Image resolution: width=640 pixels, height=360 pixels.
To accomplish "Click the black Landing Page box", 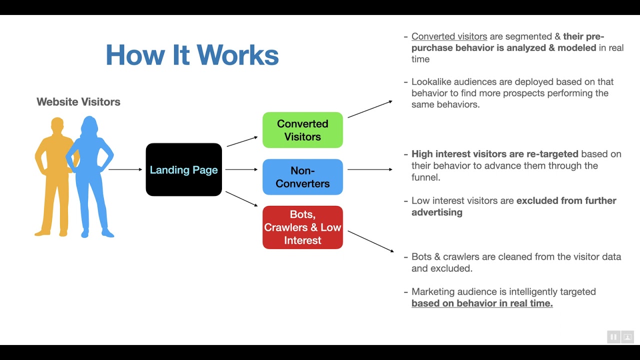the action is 183,169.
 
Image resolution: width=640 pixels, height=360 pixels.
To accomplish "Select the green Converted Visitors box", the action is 302,130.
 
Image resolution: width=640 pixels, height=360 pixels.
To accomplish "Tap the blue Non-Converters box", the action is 302,177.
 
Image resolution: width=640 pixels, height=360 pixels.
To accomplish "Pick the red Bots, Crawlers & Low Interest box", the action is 302,227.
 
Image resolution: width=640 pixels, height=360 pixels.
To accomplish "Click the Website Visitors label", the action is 78,101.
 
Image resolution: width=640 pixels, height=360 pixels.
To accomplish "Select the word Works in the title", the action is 237,55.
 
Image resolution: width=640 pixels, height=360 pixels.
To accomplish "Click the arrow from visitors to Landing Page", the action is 125,169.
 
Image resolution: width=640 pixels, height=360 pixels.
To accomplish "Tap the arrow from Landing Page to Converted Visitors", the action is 242,141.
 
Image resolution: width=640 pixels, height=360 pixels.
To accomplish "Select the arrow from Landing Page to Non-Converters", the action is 241,169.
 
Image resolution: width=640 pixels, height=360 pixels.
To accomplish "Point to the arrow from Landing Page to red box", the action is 241,199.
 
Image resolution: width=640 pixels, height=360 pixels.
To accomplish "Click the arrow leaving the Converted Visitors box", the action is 370,109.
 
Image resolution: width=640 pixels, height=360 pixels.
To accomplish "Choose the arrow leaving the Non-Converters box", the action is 370,169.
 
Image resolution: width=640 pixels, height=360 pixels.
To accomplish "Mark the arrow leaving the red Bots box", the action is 371,241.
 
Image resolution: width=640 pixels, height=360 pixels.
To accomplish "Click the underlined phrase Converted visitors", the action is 449,36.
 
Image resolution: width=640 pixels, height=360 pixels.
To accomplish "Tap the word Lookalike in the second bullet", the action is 431,81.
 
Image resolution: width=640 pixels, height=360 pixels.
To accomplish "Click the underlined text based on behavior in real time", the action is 482,303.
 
